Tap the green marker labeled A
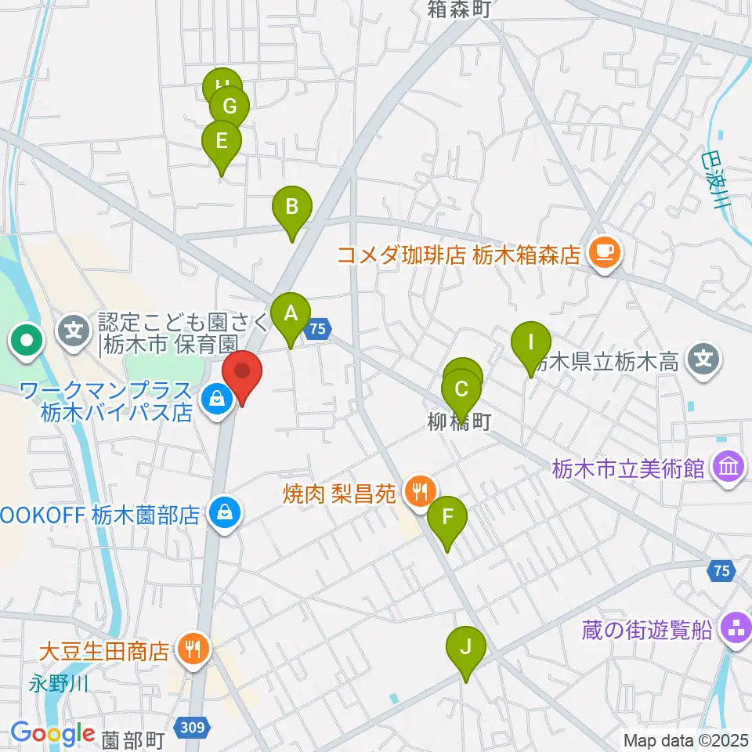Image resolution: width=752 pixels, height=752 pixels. click(x=291, y=315)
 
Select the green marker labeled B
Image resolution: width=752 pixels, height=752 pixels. click(x=291, y=208)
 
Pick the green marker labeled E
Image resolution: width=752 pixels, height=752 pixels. click(x=221, y=143)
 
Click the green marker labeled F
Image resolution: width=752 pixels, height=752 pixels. click(x=447, y=518)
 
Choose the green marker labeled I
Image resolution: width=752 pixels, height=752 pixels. click(x=531, y=343)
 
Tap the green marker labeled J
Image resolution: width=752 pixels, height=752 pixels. click(x=466, y=648)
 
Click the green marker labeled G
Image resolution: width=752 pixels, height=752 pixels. click(x=230, y=107)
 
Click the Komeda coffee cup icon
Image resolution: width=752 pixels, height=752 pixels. click(x=603, y=253)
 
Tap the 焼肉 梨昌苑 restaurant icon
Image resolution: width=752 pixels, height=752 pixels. click(x=420, y=493)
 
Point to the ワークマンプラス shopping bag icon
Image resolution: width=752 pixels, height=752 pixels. click(x=213, y=399)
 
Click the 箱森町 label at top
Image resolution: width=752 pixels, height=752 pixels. click(x=459, y=9)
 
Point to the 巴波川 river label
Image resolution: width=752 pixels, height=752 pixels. click(x=714, y=181)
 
